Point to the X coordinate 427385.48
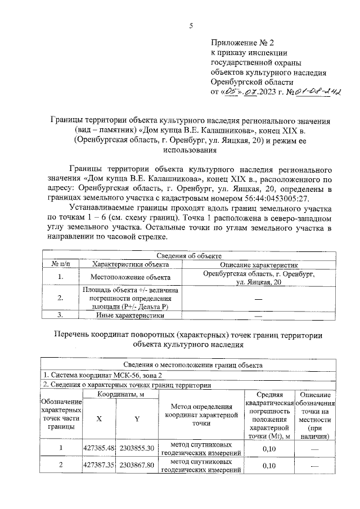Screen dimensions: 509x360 (99, 448)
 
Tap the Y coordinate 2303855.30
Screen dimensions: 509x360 (136, 448)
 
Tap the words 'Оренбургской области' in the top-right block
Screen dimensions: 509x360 (245, 81)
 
